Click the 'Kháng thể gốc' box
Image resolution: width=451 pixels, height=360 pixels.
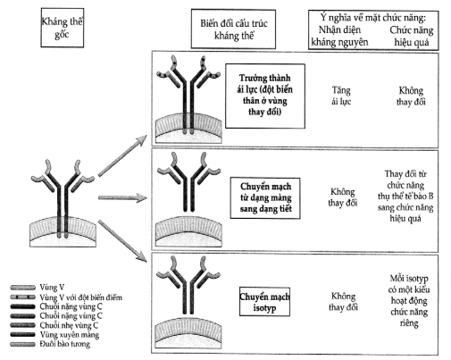point(63,28)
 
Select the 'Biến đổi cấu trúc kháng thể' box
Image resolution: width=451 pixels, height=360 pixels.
point(233,29)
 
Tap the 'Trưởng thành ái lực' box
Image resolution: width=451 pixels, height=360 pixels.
point(265,96)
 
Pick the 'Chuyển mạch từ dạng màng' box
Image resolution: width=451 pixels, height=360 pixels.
point(265,198)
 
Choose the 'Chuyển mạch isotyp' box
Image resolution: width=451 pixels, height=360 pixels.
point(264,302)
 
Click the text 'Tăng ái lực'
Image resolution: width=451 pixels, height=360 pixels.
point(341,96)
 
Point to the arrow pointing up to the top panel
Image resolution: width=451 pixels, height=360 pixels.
point(122,155)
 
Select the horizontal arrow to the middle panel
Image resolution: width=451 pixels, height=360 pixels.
point(122,197)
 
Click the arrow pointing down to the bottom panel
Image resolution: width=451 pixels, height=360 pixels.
point(122,241)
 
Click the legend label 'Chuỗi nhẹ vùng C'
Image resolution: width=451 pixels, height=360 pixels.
point(69,325)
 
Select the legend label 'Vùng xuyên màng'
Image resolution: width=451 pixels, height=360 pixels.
point(70,335)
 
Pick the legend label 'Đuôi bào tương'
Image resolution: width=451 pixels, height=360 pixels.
point(64,344)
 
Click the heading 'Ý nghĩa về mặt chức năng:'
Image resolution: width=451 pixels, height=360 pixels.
point(373,18)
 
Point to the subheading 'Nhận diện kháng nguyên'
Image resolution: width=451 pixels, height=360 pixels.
point(339,36)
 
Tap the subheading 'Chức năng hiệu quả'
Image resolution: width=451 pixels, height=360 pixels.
point(412,36)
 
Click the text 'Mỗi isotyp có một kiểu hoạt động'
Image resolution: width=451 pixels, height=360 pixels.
point(409,289)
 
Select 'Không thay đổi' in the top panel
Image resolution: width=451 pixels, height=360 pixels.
point(411,96)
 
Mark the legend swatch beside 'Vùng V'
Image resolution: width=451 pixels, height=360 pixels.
point(22,288)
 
